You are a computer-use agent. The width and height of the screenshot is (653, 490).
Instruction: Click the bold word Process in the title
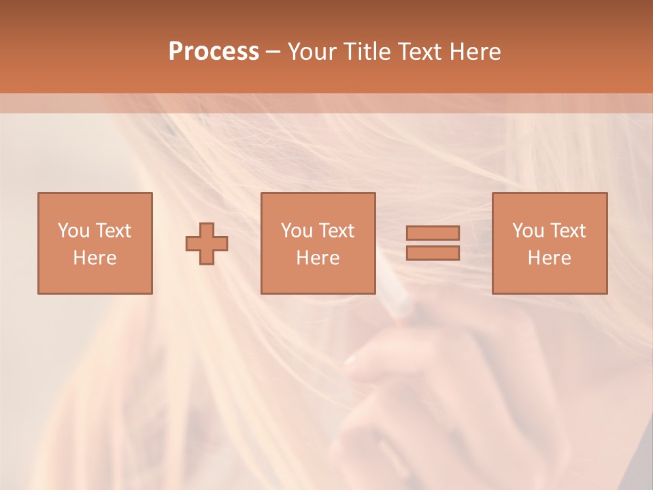(x=214, y=52)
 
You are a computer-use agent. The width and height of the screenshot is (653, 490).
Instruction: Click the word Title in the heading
(x=365, y=52)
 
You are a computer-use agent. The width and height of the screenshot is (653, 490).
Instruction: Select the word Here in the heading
(x=475, y=52)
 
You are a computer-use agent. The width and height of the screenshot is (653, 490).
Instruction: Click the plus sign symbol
(x=207, y=244)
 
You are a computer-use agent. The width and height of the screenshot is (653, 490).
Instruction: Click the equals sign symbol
(x=433, y=243)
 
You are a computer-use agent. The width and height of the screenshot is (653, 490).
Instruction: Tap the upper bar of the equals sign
(x=433, y=233)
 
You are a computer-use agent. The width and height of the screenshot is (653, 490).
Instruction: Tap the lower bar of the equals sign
(x=433, y=252)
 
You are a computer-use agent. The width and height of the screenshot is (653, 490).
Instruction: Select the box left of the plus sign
(x=95, y=243)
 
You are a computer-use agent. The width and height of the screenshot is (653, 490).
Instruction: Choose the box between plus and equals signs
(x=318, y=243)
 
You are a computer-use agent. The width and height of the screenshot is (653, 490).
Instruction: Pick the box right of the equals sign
(x=549, y=243)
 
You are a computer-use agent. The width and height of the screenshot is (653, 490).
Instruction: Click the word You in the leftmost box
(x=73, y=231)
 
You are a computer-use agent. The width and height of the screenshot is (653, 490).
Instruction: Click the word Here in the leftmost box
(x=95, y=258)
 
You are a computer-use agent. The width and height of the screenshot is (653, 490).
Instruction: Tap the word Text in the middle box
(x=337, y=231)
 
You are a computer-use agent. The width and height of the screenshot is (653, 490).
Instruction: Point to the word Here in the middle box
(x=318, y=258)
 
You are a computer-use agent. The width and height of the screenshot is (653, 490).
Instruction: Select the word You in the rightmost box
(x=528, y=231)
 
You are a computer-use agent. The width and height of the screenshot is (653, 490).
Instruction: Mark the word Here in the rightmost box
(x=549, y=258)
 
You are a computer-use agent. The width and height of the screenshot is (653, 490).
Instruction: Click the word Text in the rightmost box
(x=568, y=231)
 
